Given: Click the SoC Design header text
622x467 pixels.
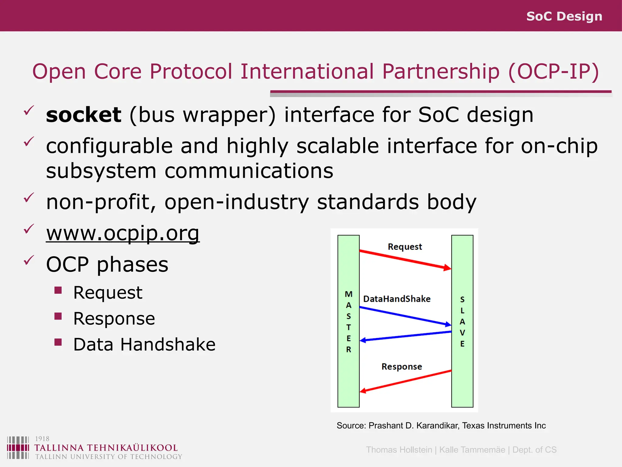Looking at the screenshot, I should pyautogui.click(x=564, y=16).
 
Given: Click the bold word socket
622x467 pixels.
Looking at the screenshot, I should pyautogui.click(x=84, y=115).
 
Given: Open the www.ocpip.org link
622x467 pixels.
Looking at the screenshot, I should pyautogui.click(x=123, y=233).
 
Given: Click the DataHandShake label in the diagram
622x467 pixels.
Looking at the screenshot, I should pyautogui.click(x=397, y=299).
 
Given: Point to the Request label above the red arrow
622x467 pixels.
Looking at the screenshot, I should pyautogui.click(x=405, y=247).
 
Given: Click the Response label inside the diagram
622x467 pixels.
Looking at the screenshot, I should pyautogui.click(x=402, y=366).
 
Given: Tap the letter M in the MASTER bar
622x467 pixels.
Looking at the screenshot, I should pyautogui.click(x=349, y=294).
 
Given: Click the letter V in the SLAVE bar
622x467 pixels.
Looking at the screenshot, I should pyautogui.click(x=462, y=333).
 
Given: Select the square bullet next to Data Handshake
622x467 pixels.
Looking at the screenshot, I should pyautogui.click(x=58, y=342).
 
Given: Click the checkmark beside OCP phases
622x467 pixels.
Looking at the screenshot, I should pyautogui.click(x=29, y=260).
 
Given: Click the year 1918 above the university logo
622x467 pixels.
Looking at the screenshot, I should pyautogui.click(x=42, y=438).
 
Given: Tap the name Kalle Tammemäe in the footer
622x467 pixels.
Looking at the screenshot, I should pyautogui.click(x=472, y=450).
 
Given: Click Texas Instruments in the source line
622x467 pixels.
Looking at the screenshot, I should pyautogui.click(x=504, y=425).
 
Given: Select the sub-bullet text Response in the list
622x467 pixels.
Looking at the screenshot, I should pyautogui.click(x=114, y=318).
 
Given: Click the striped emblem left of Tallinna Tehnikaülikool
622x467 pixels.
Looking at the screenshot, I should pyautogui.click(x=18, y=448).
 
